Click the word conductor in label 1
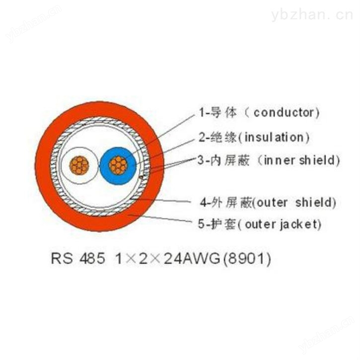coord(284,113)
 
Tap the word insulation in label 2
coord(274,138)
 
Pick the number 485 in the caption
coord(92,258)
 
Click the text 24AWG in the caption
coord(192,259)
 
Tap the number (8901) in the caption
coord(247,259)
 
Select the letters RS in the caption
coord(62,258)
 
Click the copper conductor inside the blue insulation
coord(118,165)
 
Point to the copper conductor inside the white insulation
coord(79,165)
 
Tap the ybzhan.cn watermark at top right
coord(312,15)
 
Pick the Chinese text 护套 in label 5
coord(223,224)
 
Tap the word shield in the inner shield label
coord(317,160)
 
